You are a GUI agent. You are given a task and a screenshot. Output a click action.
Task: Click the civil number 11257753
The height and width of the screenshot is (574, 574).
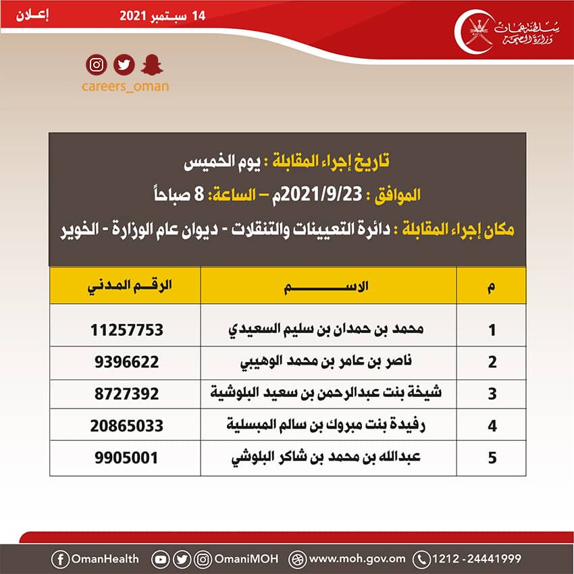click(x=127, y=330)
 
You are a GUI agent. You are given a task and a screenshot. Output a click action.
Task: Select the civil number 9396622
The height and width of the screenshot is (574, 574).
click(x=127, y=361)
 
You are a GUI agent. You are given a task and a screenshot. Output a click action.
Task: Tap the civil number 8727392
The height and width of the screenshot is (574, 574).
click(x=127, y=393)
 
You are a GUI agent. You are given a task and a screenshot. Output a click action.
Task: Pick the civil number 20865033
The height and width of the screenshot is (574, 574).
click(x=127, y=425)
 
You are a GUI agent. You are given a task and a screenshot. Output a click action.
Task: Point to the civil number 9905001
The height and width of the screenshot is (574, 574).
click(x=127, y=457)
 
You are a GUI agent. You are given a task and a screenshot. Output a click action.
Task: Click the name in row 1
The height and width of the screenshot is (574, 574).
click(x=327, y=330)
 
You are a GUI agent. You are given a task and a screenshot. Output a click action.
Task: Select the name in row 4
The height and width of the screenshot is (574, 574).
click(x=327, y=425)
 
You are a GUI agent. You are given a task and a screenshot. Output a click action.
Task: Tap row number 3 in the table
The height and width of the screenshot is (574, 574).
click(x=492, y=394)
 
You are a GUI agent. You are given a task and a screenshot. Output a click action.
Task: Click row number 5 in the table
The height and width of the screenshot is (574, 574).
click(x=492, y=458)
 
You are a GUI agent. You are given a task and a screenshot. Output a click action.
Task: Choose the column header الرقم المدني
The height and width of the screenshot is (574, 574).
click(x=127, y=286)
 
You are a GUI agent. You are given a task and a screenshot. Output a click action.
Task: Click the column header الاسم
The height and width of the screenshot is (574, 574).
click(x=328, y=286)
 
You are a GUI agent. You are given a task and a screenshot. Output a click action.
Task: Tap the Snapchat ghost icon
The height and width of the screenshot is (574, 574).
click(x=149, y=65)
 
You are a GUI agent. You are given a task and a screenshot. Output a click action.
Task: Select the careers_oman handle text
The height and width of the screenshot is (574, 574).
click(x=125, y=86)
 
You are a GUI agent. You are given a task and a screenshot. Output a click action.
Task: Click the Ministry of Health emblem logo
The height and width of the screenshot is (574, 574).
click(x=476, y=30)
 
